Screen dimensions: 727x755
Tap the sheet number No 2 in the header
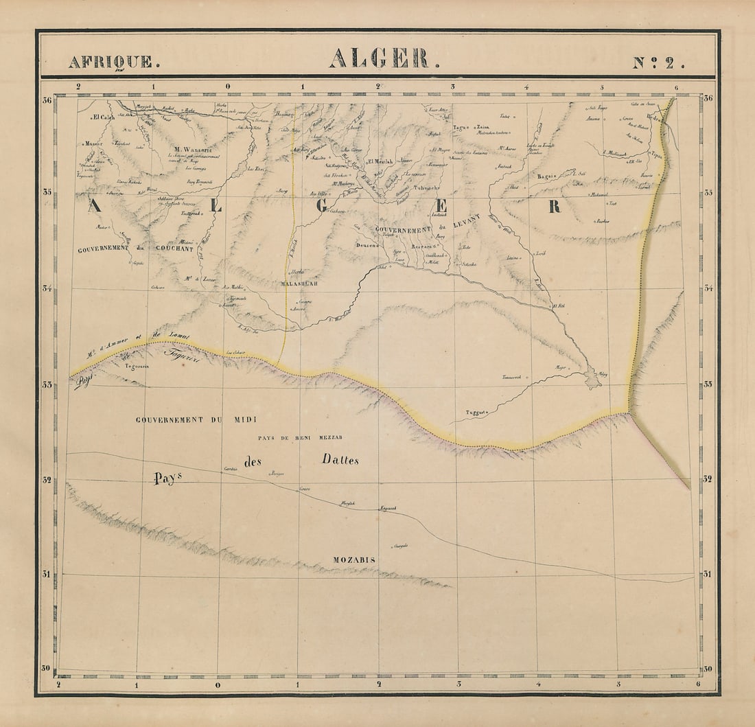click(x=658, y=62)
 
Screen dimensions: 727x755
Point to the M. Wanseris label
click(x=194, y=149)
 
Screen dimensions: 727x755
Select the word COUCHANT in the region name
click(x=174, y=249)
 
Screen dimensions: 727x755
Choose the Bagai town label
click(x=546, y=176)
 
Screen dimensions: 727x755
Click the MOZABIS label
click(x=353, y=560)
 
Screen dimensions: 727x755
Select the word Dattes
click(x=340, y=460)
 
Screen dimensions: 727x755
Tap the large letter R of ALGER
click(x=554, y=207)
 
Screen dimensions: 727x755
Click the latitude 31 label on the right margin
click(x=707, y=574)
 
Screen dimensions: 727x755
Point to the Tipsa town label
click(x=656, y=154)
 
